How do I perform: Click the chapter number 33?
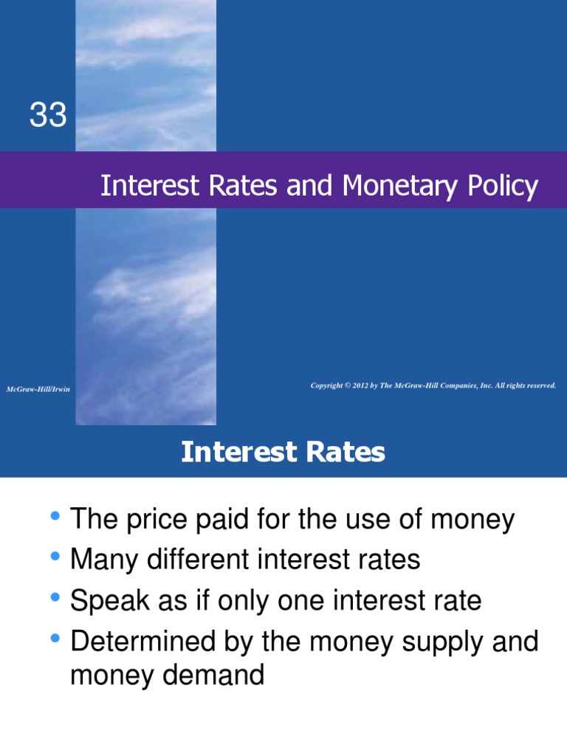tap(48, 116)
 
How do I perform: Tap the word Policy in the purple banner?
tap(504, 188)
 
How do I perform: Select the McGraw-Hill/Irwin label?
tap(38, 389)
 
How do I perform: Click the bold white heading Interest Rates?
tap(283, 452)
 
